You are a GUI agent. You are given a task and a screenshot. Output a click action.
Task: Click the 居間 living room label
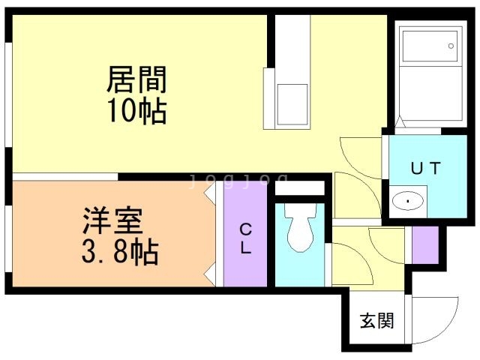(136, 78)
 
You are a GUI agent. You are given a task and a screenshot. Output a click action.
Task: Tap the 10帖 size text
(136, 110)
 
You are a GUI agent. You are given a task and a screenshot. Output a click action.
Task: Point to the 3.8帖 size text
(118, 252)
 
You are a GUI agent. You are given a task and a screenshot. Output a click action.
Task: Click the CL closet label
(245, 239)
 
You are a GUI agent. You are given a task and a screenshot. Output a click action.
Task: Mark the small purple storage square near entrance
(425, 244)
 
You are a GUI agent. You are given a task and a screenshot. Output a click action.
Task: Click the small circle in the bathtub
(451, 46)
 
